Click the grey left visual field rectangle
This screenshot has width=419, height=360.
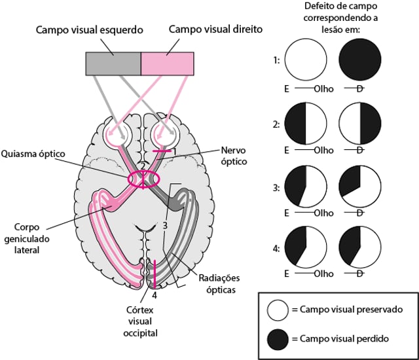click(x=113, y=63)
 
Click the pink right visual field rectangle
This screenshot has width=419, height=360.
click(x=168, y=63)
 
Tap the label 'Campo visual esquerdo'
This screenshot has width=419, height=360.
click(x=90, y=30)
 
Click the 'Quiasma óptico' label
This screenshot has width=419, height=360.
click(x=33, y=154)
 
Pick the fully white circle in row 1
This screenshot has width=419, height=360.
click(x=305, y=60)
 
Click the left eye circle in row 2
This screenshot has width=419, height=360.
click(x=305, y=122)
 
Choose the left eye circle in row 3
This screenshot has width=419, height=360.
click(x=305, y=186)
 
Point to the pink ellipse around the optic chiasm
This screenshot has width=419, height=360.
click(x=143, y=179)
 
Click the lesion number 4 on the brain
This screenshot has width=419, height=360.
click(x=155, y=295)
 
